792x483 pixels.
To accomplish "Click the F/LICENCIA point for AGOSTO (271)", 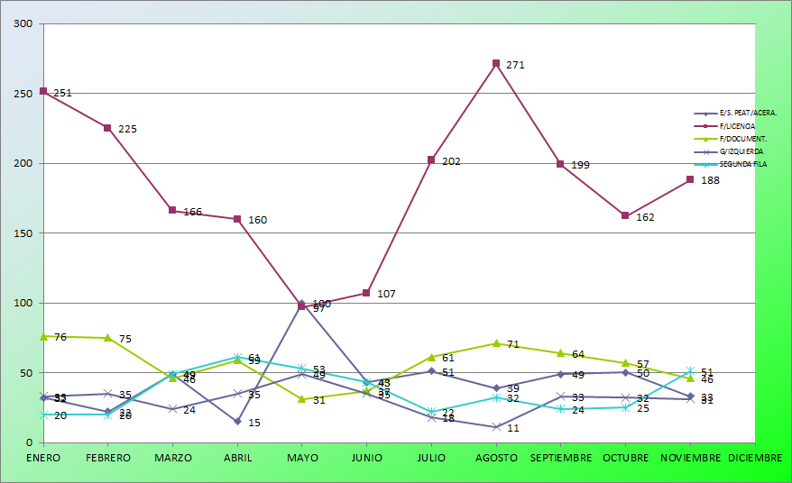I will (496, 64).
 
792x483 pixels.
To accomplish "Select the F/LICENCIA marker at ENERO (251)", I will (43, 92).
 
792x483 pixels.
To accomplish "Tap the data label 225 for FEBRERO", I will (127, 129).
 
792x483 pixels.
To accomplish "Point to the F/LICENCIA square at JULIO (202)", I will (431, 160).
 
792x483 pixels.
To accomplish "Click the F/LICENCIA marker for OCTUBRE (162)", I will (625, 216).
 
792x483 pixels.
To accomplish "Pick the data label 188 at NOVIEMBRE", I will (710, 180).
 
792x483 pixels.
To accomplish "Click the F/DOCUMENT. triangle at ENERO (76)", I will (43, 336).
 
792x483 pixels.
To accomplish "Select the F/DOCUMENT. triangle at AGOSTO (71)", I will (496, 343).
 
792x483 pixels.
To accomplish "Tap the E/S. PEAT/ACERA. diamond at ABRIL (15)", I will (237, 422).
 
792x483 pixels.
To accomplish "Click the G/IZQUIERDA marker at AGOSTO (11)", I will (496, 427).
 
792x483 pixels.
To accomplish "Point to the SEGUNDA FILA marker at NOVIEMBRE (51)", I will (690, 371).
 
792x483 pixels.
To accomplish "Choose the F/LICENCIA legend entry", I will (737, 126).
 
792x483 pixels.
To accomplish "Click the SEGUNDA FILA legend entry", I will (742, 164).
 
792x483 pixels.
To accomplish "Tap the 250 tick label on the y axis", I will (23, 94).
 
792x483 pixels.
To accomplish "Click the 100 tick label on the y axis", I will (23, 304).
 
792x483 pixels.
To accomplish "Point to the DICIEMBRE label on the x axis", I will (755, 458).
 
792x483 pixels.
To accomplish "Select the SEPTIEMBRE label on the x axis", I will (560, 458).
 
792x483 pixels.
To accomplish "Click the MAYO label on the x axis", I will (302, 458).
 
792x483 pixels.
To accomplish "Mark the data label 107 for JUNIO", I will (386, 294).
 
